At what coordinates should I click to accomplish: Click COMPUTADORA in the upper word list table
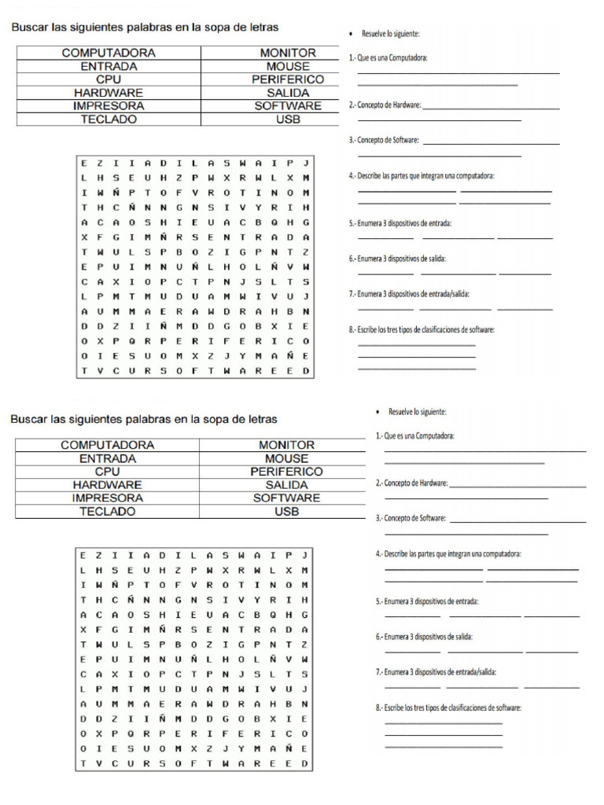(109, 53)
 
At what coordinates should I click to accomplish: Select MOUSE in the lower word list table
(286, 458)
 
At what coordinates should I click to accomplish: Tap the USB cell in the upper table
(288, 119)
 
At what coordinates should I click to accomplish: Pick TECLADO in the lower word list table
(108, 511)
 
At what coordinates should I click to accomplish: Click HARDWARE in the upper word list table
(109, 93)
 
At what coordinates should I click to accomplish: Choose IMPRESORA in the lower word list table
(108, 498)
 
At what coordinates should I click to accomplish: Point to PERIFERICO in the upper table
(288, 79)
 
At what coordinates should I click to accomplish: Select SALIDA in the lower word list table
(286, 485)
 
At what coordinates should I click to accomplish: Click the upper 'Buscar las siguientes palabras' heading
(144, 28)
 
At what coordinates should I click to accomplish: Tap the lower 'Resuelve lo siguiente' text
(417, 412)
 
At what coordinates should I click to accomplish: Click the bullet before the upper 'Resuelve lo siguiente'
(352, 34)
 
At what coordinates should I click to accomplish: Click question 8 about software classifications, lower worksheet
(448, 708)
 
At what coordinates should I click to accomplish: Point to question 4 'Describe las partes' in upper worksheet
(422, 175)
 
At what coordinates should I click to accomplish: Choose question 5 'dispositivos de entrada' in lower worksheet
(427, 601)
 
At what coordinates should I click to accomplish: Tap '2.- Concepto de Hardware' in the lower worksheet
(412, 483)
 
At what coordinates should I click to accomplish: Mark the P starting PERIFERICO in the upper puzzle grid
(180, 341)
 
